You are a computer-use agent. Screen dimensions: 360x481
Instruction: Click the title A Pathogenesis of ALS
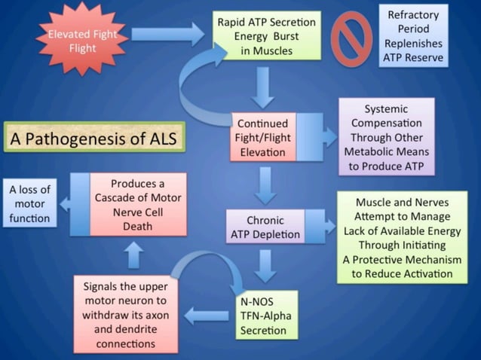pyautogui.click(x=93, y=139)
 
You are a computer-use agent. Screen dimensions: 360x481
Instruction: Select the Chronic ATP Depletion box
pyautogui.click(x=265, y=227)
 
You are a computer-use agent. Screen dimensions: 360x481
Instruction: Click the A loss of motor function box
pyautogui.click(x=29, y=203)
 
